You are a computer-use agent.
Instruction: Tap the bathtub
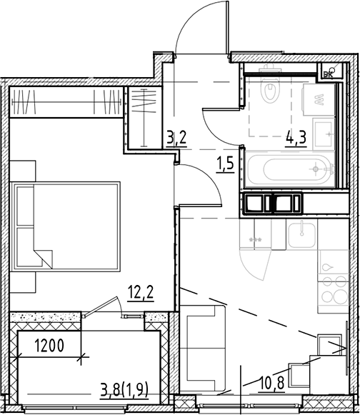point(289,170)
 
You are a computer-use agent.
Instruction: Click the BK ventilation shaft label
point(329,71)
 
